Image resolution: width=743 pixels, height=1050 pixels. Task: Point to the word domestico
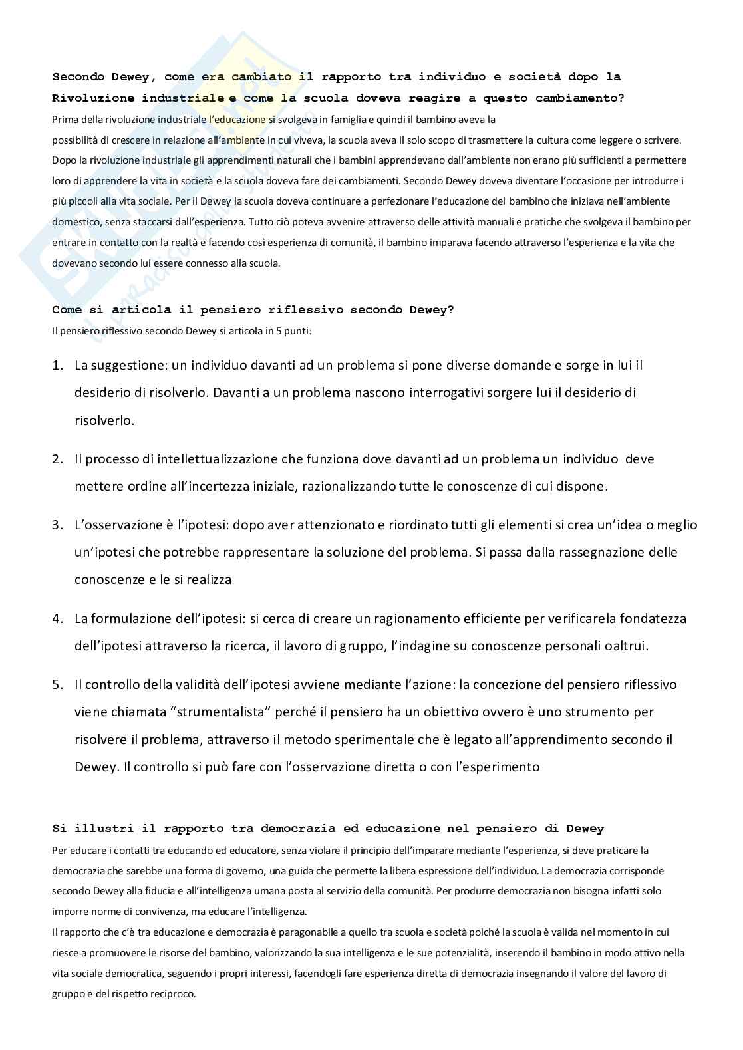pos(73,221)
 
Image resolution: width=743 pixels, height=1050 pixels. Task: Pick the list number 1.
pos(57,365)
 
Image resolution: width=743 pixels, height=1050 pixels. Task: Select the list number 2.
pos(57,459)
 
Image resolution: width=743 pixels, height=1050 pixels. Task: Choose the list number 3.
pos(57,525)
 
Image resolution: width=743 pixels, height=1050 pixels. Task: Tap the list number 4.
pos(57,619)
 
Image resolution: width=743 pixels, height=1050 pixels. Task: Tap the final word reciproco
pos(174,995)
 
